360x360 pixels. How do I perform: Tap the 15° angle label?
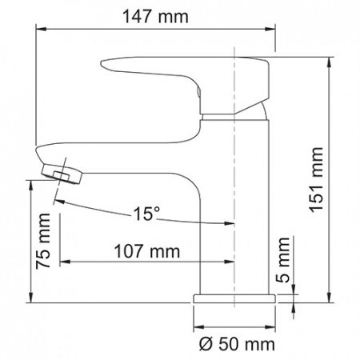(x=146, y=214)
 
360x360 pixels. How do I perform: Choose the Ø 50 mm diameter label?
(x=235, y=345)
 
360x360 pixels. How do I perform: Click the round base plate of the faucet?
(x=235, y=298)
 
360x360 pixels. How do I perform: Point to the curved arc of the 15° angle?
(x=104, y=207)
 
